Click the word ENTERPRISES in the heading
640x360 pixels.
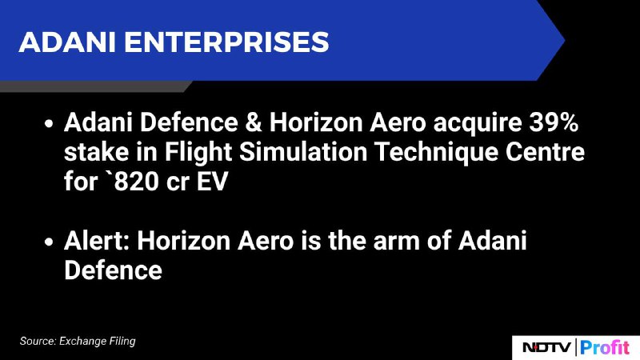[226, 42]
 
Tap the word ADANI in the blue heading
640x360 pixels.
[67, 42]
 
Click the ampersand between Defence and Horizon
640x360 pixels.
[254, 122]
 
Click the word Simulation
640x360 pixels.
[303, 152]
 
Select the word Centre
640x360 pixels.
[545, 152]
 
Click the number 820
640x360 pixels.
[136, 182]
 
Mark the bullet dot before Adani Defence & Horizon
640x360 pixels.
[49, 123]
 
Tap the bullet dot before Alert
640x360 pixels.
[49, 242]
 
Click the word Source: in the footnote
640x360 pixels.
[38, 342]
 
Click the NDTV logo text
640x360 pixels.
[546, 347]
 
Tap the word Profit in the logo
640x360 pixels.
[605, 347]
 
